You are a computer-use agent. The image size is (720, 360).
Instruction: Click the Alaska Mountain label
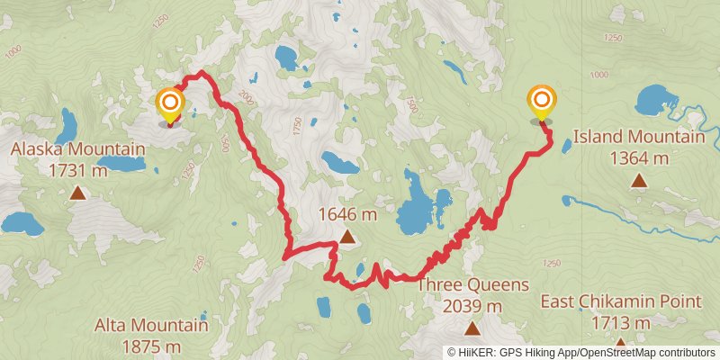coord(77,148)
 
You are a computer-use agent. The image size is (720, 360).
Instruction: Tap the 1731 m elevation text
coord(77,169)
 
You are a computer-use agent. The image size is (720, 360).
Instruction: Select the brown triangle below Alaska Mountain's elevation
coord(77,193)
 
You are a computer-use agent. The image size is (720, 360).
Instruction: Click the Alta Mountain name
coord(151,325)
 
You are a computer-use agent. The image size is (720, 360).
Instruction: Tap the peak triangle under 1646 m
coord(347,238)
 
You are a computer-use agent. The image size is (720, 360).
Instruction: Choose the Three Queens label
coord(472,285)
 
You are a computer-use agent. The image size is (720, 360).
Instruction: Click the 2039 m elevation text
coord(472,306)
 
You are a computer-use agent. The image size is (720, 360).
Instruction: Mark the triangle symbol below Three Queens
coord(472,328)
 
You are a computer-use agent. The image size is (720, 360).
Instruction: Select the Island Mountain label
coord(639,138)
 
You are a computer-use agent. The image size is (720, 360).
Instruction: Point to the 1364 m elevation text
coord(639,158)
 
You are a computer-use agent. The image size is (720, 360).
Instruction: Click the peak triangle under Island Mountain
coord(639,181)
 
